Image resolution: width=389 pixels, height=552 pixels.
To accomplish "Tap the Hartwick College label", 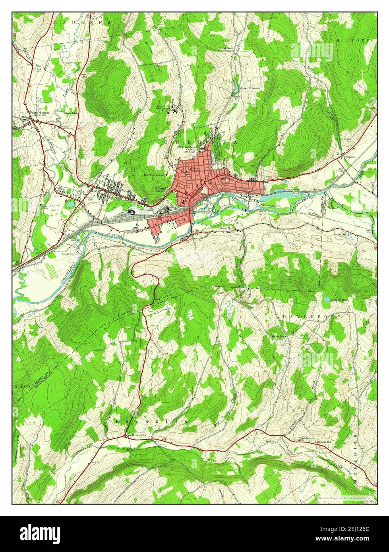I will (154, 175).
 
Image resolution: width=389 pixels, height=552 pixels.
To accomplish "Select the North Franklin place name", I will (137, 436).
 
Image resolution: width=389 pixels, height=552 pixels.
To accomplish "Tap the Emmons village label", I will (350, 157).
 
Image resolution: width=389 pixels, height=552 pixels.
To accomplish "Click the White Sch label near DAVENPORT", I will (278, 337).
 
